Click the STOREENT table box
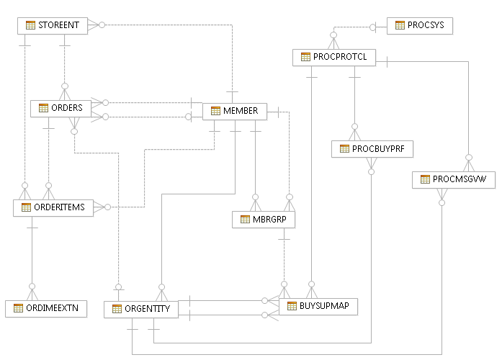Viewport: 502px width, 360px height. coord(53,25)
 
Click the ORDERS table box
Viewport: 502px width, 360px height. coord(60,108)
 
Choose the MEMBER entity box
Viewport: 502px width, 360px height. coord(235,112)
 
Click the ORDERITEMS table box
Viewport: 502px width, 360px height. coord(53,207)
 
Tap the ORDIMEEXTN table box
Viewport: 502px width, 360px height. coord(46,309)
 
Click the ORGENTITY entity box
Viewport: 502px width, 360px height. coord(141,310)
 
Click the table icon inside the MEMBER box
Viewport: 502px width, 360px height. coord(215,112)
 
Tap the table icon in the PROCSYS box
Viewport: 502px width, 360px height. coord(399,26)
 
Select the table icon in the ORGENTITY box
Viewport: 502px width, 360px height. coord(116,310)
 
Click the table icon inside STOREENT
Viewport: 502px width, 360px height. coord(30,25)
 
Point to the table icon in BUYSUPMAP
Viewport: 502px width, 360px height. coord(292,306)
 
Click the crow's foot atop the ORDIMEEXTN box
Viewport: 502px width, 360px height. coord(32,294)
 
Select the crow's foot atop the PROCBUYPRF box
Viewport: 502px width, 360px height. coord(354,133)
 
